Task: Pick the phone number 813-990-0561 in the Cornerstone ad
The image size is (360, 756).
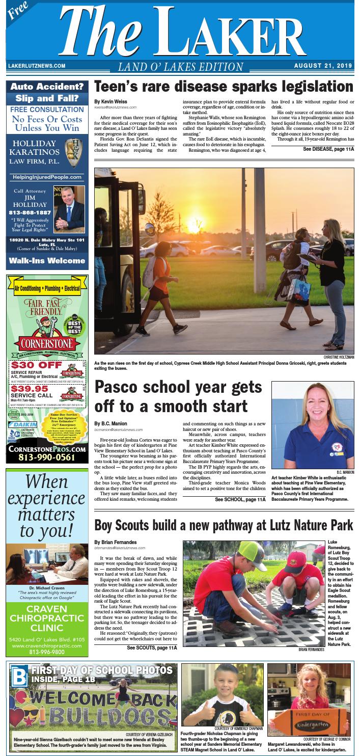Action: coord(47,457)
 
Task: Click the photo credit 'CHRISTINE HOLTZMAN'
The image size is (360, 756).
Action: coord(339,358)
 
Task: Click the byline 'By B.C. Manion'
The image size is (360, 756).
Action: coord(110,423)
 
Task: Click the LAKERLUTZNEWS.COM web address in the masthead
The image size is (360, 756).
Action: coord(37,66)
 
